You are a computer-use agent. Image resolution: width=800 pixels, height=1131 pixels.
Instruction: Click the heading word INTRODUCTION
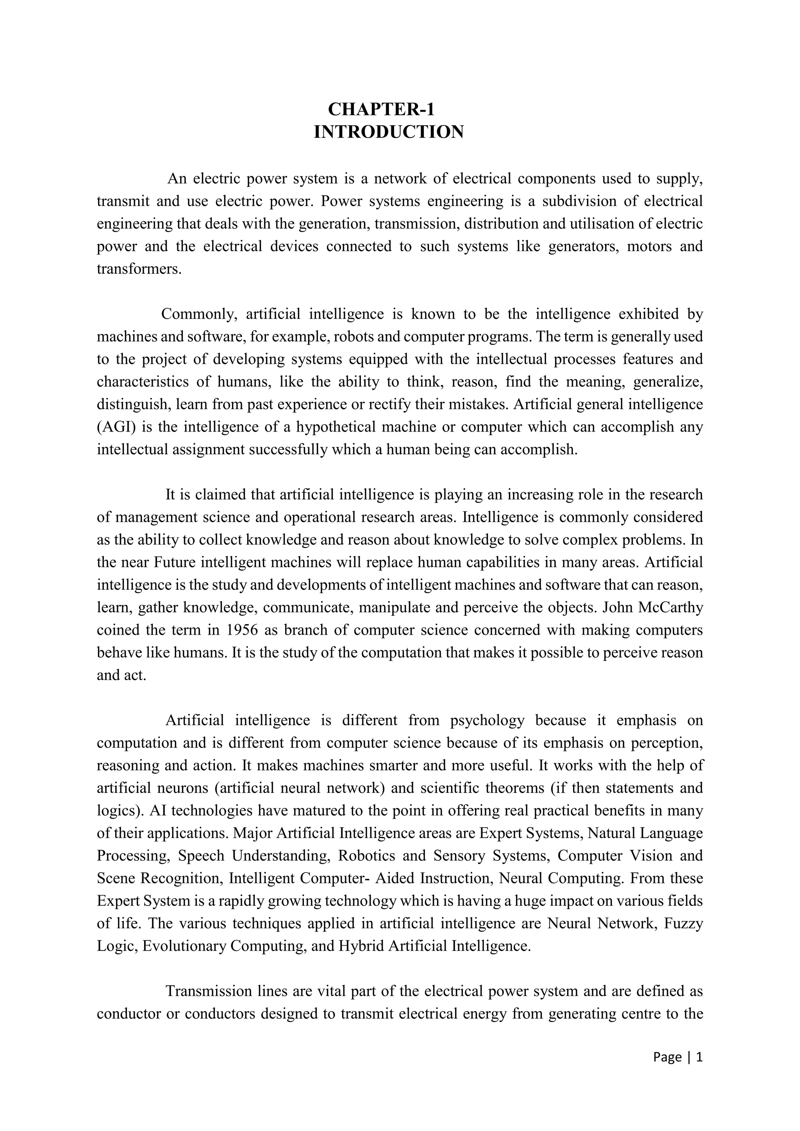(389, 132)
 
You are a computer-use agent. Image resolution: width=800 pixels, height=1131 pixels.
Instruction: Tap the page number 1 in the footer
(698, 1057)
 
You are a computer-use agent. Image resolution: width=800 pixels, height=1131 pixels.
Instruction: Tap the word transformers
(139, 269)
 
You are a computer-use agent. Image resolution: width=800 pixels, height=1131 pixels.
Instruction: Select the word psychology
(487, 721)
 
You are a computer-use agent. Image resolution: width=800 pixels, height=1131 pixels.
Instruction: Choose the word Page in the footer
(667, 1057)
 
